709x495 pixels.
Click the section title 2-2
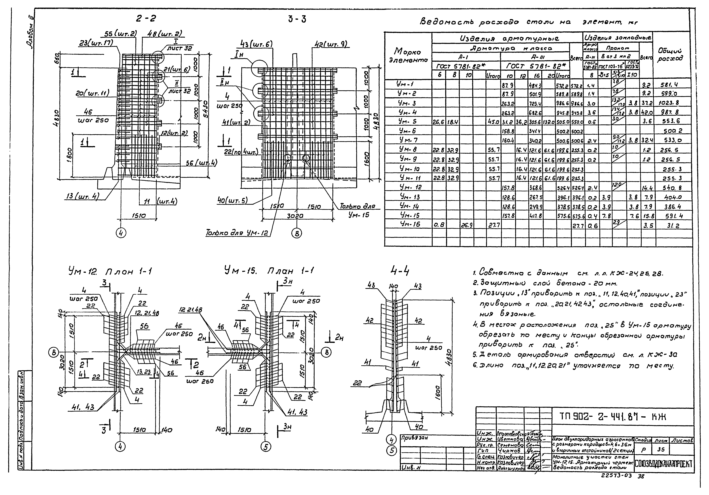coord(146,19)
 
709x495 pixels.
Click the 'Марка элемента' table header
coord(408,56)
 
